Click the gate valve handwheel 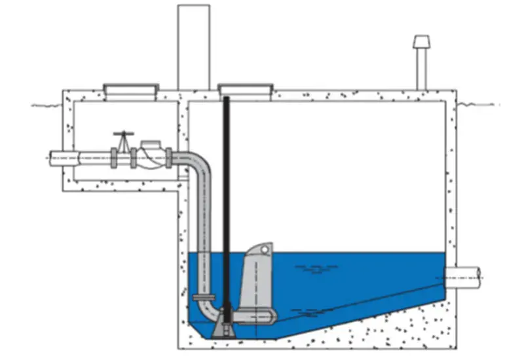tap(122, 133)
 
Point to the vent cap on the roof tap(420, 43)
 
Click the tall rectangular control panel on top tap(194, 46)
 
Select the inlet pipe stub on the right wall tap(466, 275)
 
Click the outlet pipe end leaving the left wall tap(60, 158)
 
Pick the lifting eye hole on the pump tap(264, 249)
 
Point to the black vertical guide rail tap(226, 209)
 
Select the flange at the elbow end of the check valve tap(168, 157)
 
